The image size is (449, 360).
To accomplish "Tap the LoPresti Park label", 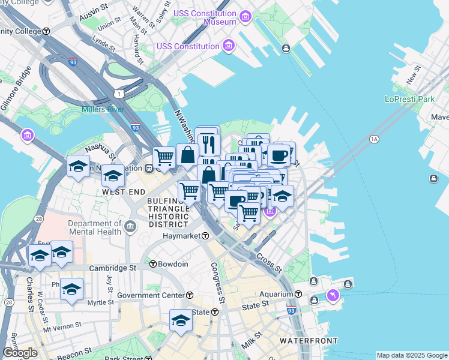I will tap(409, 99).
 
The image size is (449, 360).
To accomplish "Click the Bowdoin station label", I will tap(173, 264).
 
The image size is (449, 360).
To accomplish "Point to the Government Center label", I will tap(151, 295).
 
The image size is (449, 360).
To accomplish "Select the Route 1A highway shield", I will tap(375, 140).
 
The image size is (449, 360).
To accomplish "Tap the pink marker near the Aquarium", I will tap(333, 295).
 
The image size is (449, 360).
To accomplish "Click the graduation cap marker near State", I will tap(180, 320).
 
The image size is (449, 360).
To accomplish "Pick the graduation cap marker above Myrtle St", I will tap(71, 290).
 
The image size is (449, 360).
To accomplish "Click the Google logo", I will tap(20, 353).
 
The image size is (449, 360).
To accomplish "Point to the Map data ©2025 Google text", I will tap(411, 355).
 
